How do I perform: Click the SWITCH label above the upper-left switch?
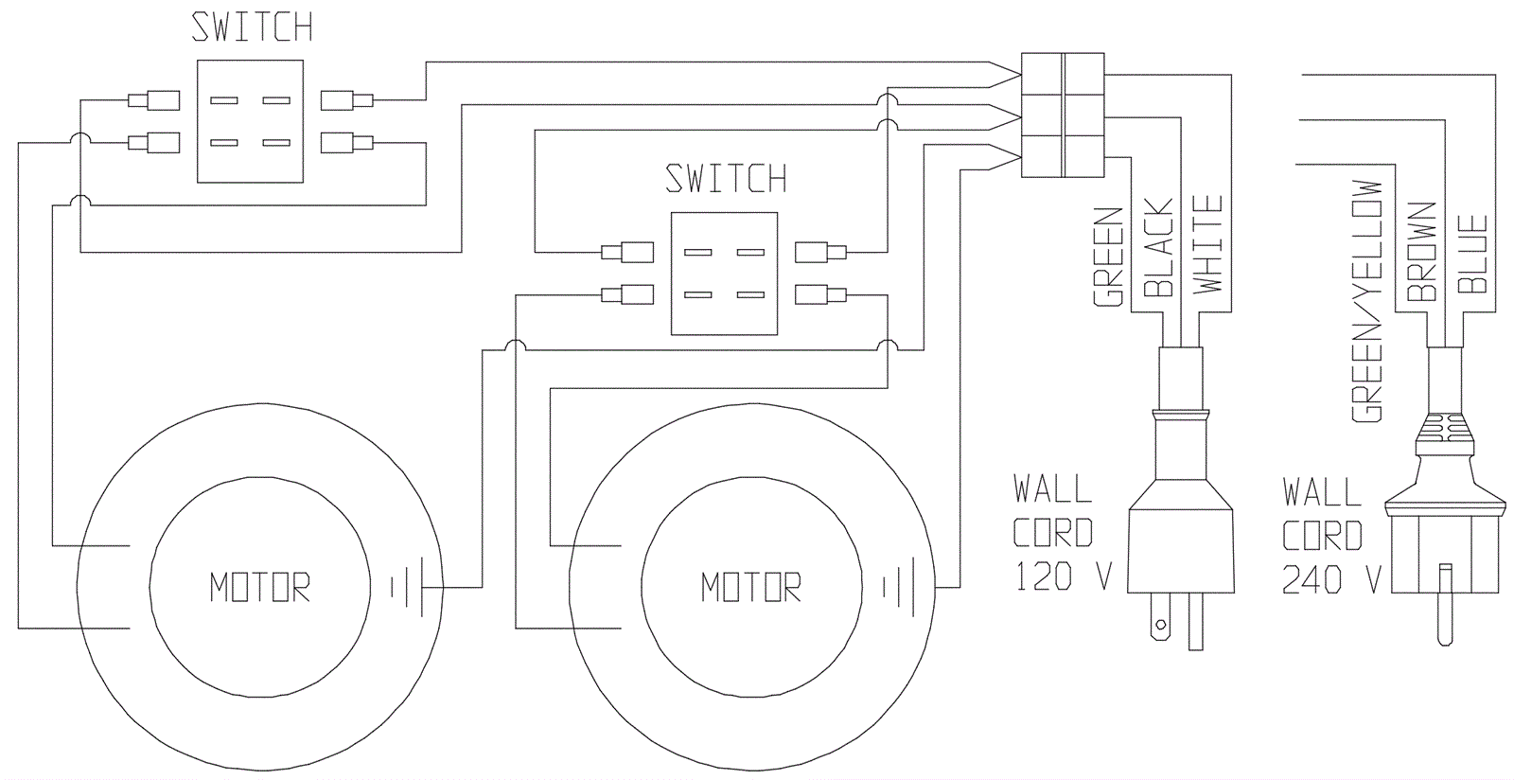point(252,27)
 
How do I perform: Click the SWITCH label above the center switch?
point(726,179)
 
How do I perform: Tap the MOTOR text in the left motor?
point(260,587)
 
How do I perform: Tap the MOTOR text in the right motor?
point(751,587)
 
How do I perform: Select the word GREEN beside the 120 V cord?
point(1108,257)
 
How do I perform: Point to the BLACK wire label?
point(1158,247)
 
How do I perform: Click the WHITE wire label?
point(1207,244)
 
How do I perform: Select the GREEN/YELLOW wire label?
point(1366,301)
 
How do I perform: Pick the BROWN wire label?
point(1420,252)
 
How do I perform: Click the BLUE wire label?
point(1472,254)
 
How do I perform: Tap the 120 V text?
point(1064,576)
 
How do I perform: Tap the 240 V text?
point(1331,579)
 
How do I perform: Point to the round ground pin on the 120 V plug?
point(1160,624)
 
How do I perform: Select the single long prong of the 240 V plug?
point(1445,605)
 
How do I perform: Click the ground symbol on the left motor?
point(408,587)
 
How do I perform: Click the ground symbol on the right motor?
point(899,587)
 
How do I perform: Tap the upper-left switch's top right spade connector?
point(346,100)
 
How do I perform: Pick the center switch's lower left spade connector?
point(627,294)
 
